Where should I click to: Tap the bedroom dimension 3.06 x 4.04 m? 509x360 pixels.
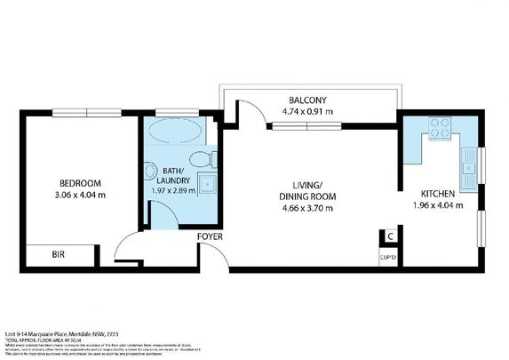(81, 195)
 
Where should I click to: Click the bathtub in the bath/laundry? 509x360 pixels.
(175, 132)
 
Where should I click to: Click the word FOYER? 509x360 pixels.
(210, 236)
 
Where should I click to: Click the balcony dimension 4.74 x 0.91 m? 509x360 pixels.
(307, 112)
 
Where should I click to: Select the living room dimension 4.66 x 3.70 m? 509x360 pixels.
(306, 209)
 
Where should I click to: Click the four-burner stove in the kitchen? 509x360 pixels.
(438, 133)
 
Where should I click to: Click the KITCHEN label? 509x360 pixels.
(439, 194)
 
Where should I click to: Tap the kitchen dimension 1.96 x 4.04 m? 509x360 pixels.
(439, 206)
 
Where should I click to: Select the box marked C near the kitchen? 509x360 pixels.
(388, 237)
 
